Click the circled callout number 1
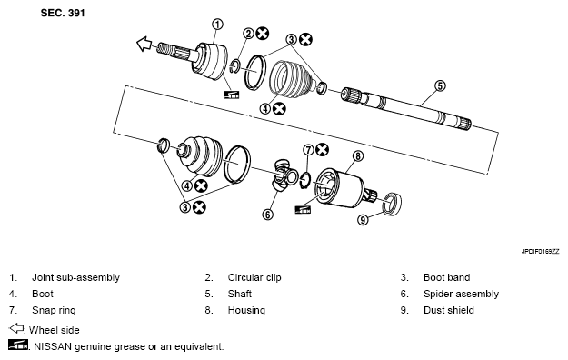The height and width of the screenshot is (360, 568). [x=217, y=25]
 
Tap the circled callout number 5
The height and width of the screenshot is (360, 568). [x=440, y=86]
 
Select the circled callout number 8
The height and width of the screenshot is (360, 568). [x=357, y=155]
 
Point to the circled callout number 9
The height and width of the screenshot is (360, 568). [x=363, y=220]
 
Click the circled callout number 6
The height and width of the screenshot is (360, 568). [x=267, y=215]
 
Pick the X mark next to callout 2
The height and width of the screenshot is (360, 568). [x=263, y=34]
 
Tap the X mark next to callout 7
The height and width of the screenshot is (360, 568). [x=322, y=149]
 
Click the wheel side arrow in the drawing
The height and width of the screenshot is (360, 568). [x=144, y=44]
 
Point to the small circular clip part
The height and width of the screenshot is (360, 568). [x=234, y=66]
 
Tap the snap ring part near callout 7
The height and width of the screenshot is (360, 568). [x=305, y=181]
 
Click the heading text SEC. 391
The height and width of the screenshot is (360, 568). [x=63, y=13]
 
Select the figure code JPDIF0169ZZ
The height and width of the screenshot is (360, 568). [x=540, y=252]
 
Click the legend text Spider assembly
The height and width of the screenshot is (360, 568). [x=461, y=294]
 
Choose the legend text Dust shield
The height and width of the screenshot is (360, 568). [x=448, y=310]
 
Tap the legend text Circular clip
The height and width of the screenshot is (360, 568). [x=254, y=277]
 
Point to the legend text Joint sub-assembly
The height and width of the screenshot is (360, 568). [x=75, y=277]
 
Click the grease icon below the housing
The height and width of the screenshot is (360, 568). [x=303, y=209]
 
